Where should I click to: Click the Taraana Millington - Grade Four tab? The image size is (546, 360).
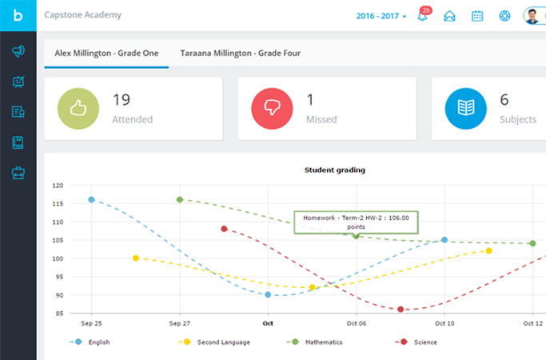tap(240, 53)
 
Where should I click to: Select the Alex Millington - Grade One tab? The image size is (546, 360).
tap(106, 53)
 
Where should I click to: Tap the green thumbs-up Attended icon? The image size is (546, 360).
tap(79, 109)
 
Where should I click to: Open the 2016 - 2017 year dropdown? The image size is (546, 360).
tap(381, 16)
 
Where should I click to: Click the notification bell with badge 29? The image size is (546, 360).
tap(423, 16)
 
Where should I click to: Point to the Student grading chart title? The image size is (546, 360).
tap(335, 170)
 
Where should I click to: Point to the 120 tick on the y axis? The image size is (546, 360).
tap(58, 186)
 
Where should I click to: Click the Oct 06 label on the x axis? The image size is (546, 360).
tap(357, 324)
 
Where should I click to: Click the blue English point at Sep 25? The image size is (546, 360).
tap(91, 199)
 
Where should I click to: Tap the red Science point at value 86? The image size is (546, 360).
tap(401, 310)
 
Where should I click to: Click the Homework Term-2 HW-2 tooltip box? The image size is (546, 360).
tap(356, 222)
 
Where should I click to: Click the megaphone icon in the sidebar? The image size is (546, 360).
tap(18, 51)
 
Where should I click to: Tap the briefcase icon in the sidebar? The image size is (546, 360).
tap(18, 172)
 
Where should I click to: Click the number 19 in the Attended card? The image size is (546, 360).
tap(121, 100)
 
